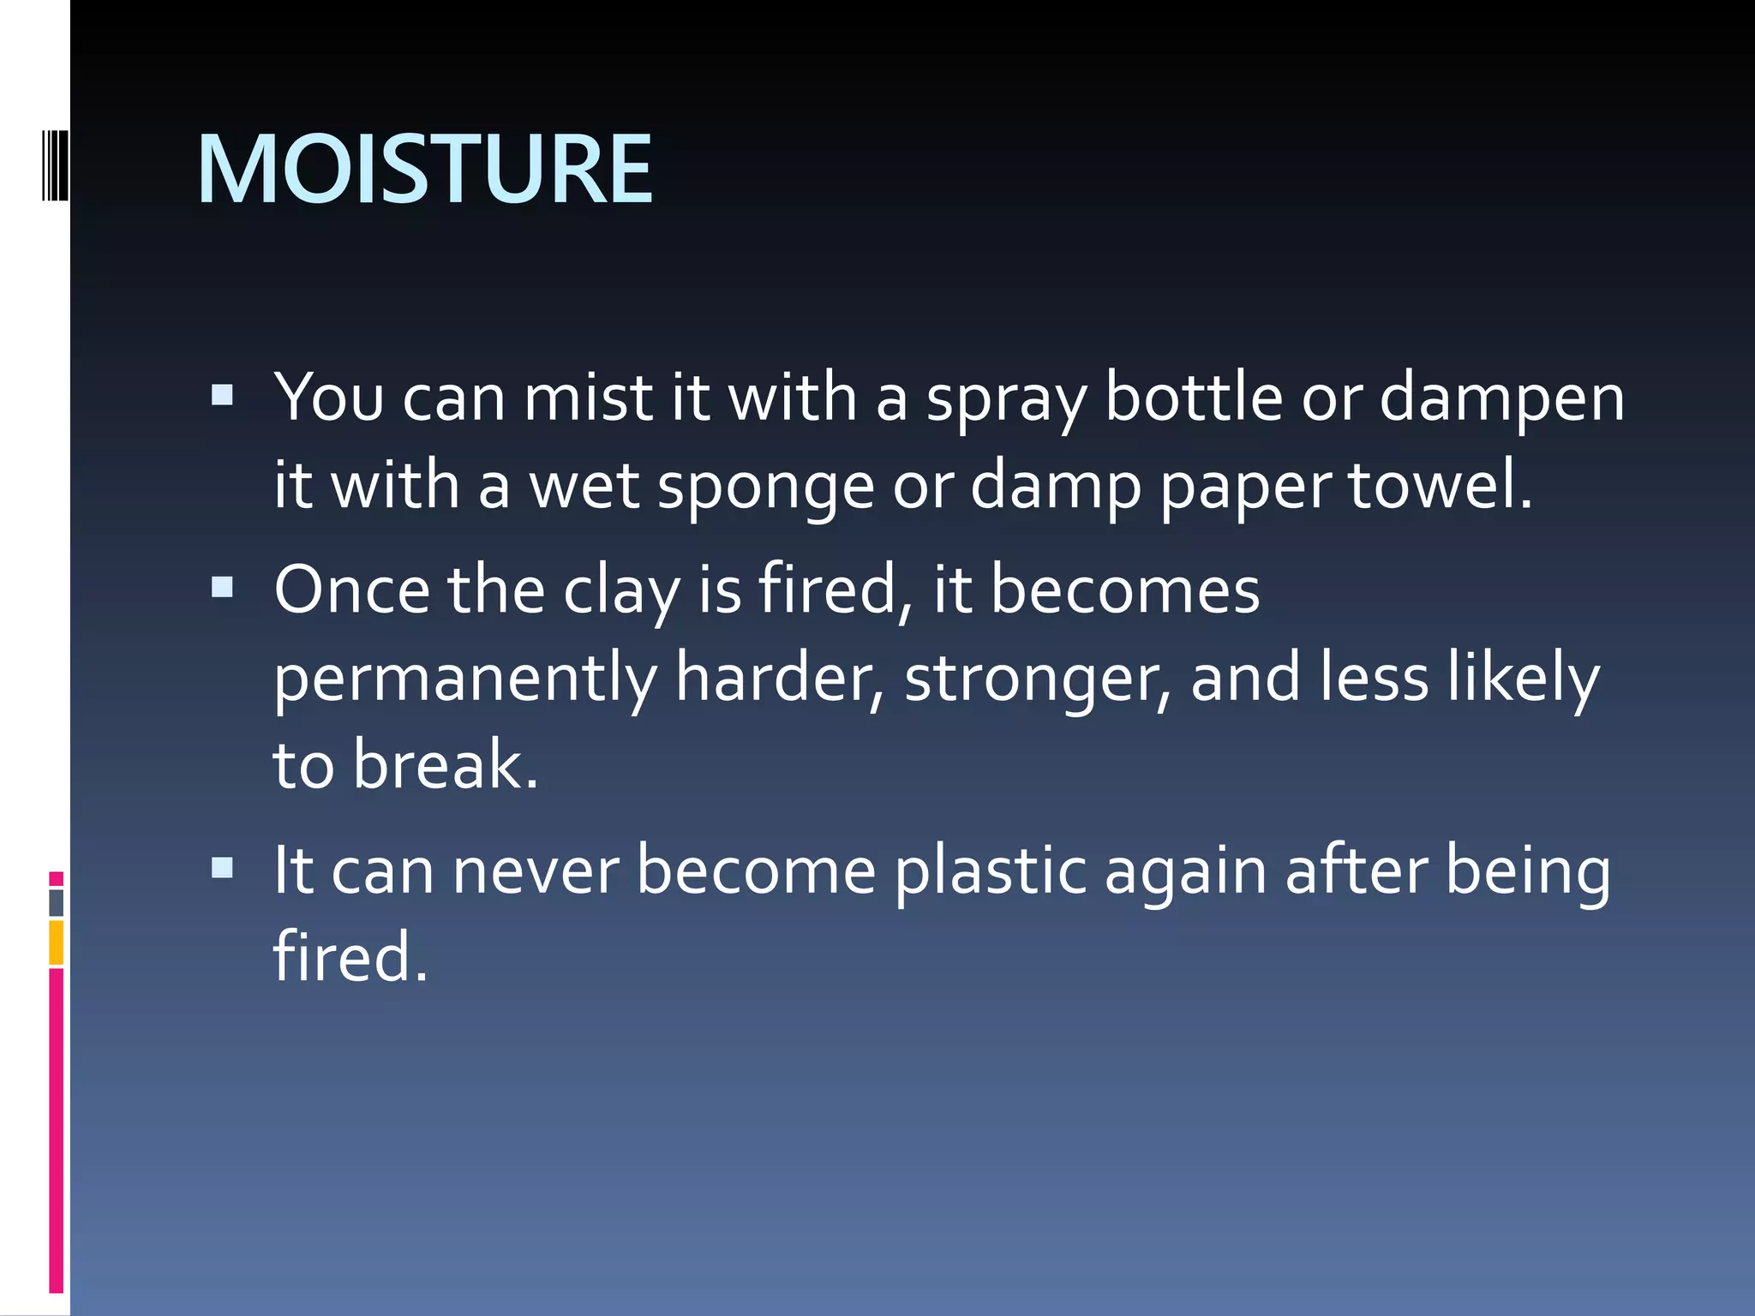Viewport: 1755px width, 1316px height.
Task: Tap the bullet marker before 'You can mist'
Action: tap(222, 395)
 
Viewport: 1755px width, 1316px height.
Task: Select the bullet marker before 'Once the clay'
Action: tap(222, 587)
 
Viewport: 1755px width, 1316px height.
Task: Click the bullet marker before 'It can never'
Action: tap(222, 868)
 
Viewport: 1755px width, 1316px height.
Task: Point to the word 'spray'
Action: tap(1006, 401)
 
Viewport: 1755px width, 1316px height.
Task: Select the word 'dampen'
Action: tap(1501, 401)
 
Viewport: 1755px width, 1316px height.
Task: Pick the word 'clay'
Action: tap(621, 593)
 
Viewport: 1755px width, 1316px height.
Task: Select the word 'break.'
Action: tap(446, 764)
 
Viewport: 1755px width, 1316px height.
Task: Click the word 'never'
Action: tap(536, 872)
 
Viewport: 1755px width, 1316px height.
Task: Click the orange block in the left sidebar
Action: tap(57, 942)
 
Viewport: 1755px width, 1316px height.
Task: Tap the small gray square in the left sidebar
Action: tap(57, 903)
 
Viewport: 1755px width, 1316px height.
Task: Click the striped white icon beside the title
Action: tap(55, 160)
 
